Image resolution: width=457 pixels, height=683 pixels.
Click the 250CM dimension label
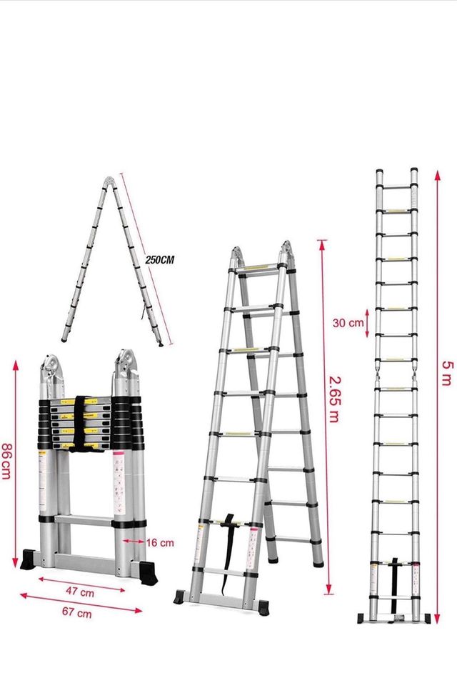click(158, 260)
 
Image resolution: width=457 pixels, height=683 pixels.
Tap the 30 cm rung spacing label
click(348, 322)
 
